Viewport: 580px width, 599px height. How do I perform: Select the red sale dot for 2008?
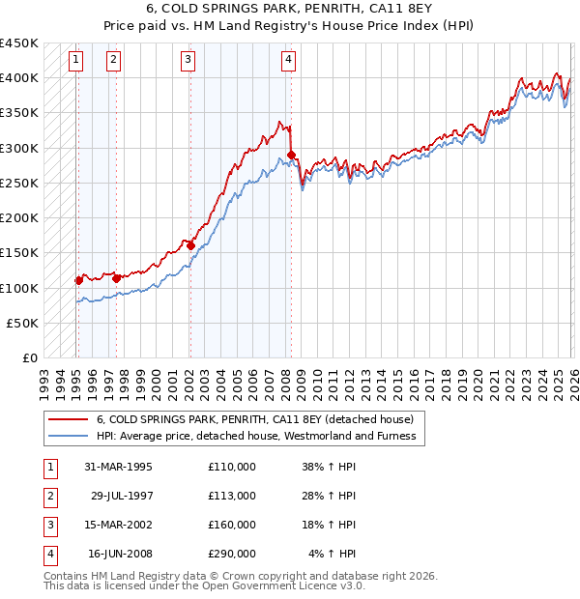coord(291,155)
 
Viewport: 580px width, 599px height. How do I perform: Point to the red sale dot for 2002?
coord(190,245)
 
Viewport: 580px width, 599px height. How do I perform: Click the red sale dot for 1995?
coord(79,280)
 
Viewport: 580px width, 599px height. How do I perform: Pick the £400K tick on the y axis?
coord(19,77)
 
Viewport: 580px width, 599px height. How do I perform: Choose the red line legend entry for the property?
coord(255,419)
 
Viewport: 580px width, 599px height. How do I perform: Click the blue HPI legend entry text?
coord(255,436)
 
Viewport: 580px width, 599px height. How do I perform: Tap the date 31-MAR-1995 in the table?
coord(118,467)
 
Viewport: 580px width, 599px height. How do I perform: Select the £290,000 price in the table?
coord(231,554)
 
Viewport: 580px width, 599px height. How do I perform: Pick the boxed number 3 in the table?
coord(48,525)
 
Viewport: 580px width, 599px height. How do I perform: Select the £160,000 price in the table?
coord(231,525)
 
